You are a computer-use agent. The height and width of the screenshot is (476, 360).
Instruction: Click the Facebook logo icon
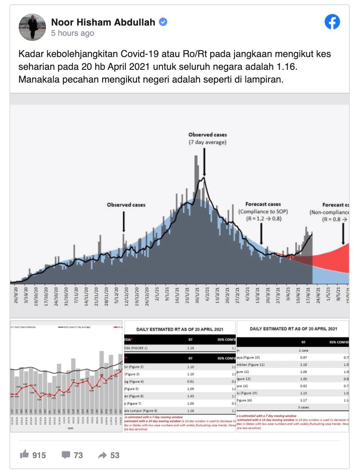coord(332,22)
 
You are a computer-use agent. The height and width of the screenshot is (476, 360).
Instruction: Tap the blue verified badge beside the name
coord(163,22)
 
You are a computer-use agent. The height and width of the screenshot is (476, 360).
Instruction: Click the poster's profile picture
coord(32,27)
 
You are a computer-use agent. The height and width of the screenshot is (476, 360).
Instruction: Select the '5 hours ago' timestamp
coord(72,33)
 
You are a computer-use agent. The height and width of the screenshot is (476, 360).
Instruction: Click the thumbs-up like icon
coord(25,455)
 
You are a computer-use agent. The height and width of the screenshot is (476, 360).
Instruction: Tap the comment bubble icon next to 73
coord(66,455)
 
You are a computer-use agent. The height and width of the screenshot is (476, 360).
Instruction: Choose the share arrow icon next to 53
coord(102,455)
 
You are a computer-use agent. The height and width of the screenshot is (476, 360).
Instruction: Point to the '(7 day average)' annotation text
coord(208,142)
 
